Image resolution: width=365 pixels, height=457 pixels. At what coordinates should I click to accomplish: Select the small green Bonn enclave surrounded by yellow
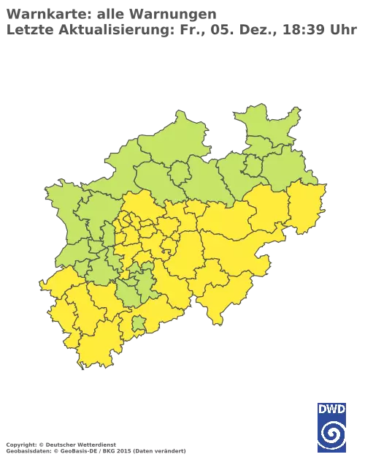[139, 322]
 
